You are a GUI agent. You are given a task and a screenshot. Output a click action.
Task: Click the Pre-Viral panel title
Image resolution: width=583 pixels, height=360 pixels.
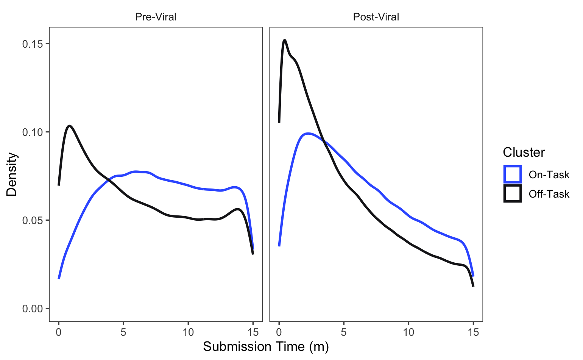pos(156,17)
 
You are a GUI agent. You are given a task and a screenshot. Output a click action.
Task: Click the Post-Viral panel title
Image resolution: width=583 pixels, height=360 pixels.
pos(376,17)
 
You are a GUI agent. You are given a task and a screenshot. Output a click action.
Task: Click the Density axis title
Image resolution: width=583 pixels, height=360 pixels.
pos(12,174)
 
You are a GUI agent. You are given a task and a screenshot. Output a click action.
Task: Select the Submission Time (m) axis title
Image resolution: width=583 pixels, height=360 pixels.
pos(266,346)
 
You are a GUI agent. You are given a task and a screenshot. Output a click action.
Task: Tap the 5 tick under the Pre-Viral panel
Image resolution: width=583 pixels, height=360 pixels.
pos(123,332)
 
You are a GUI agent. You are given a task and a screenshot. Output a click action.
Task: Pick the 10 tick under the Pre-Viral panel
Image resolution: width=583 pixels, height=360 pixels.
pos(188,332)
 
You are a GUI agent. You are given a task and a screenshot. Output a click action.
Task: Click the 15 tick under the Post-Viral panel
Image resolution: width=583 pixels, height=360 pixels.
pos(473,332)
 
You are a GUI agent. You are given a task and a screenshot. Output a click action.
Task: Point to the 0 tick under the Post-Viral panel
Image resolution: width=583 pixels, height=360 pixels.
pos(279,332)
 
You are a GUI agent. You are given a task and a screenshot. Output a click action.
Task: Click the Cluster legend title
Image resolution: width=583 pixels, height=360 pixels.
pos(524,152)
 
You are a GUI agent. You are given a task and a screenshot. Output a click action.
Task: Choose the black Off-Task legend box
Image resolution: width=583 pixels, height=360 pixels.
pos(512,194)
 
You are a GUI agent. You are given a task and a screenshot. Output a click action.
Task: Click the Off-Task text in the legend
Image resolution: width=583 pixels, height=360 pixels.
pos(549,194)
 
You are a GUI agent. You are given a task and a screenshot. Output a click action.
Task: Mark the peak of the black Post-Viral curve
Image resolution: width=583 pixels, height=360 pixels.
pos(284,40)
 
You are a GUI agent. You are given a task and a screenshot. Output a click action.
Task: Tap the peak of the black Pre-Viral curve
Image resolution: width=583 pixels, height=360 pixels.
pos(70,126)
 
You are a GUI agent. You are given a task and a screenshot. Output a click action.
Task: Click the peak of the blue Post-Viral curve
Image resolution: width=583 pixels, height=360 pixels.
pos(308,133)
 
